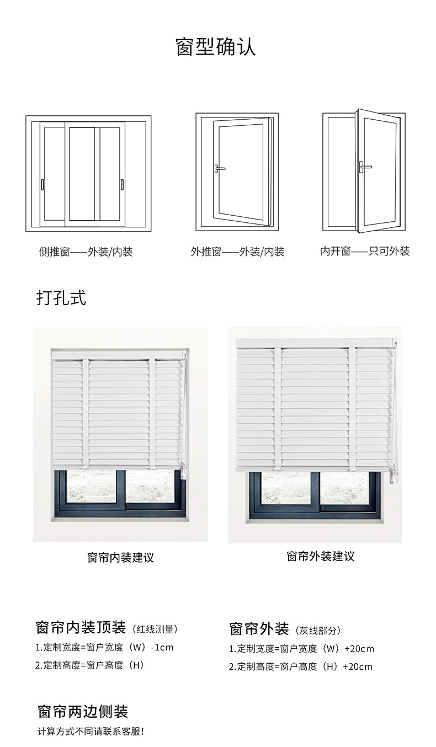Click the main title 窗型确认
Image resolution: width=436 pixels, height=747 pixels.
click(x=216, y=47)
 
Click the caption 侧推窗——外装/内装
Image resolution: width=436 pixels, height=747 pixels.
click(x=86, y=252)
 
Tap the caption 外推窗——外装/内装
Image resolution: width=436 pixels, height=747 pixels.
click(x=237, y=252)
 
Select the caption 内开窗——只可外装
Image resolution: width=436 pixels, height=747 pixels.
click(x=365, y=252)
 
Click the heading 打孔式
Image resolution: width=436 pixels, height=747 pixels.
click(x=61, y=298)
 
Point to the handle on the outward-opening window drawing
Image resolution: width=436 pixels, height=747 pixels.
click(x=219, y=168)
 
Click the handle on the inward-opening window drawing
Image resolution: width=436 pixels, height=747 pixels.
click(x=364, y=166)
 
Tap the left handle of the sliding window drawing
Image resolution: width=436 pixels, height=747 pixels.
click(x=42, y=184)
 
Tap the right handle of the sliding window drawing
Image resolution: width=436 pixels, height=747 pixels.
click(x=122, y=184)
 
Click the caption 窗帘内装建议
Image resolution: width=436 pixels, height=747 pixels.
click(x=120, y=557)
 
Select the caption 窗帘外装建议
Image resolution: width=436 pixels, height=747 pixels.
click(x=320, y=556)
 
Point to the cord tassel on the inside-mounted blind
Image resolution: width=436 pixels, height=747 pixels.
click(x=184, y=469)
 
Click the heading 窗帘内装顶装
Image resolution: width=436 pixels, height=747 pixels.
click(x=81, y=627)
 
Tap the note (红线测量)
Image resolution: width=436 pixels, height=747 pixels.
click(x=155, y=629)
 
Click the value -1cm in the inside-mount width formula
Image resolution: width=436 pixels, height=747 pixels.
click(x=162, y=647)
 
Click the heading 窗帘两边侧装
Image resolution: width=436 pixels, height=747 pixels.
click(x=83, y=711)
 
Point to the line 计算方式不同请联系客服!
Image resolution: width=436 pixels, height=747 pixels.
click(x=91, y=732)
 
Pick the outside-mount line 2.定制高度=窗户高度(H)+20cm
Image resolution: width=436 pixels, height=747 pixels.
click(x=301, y=666)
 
